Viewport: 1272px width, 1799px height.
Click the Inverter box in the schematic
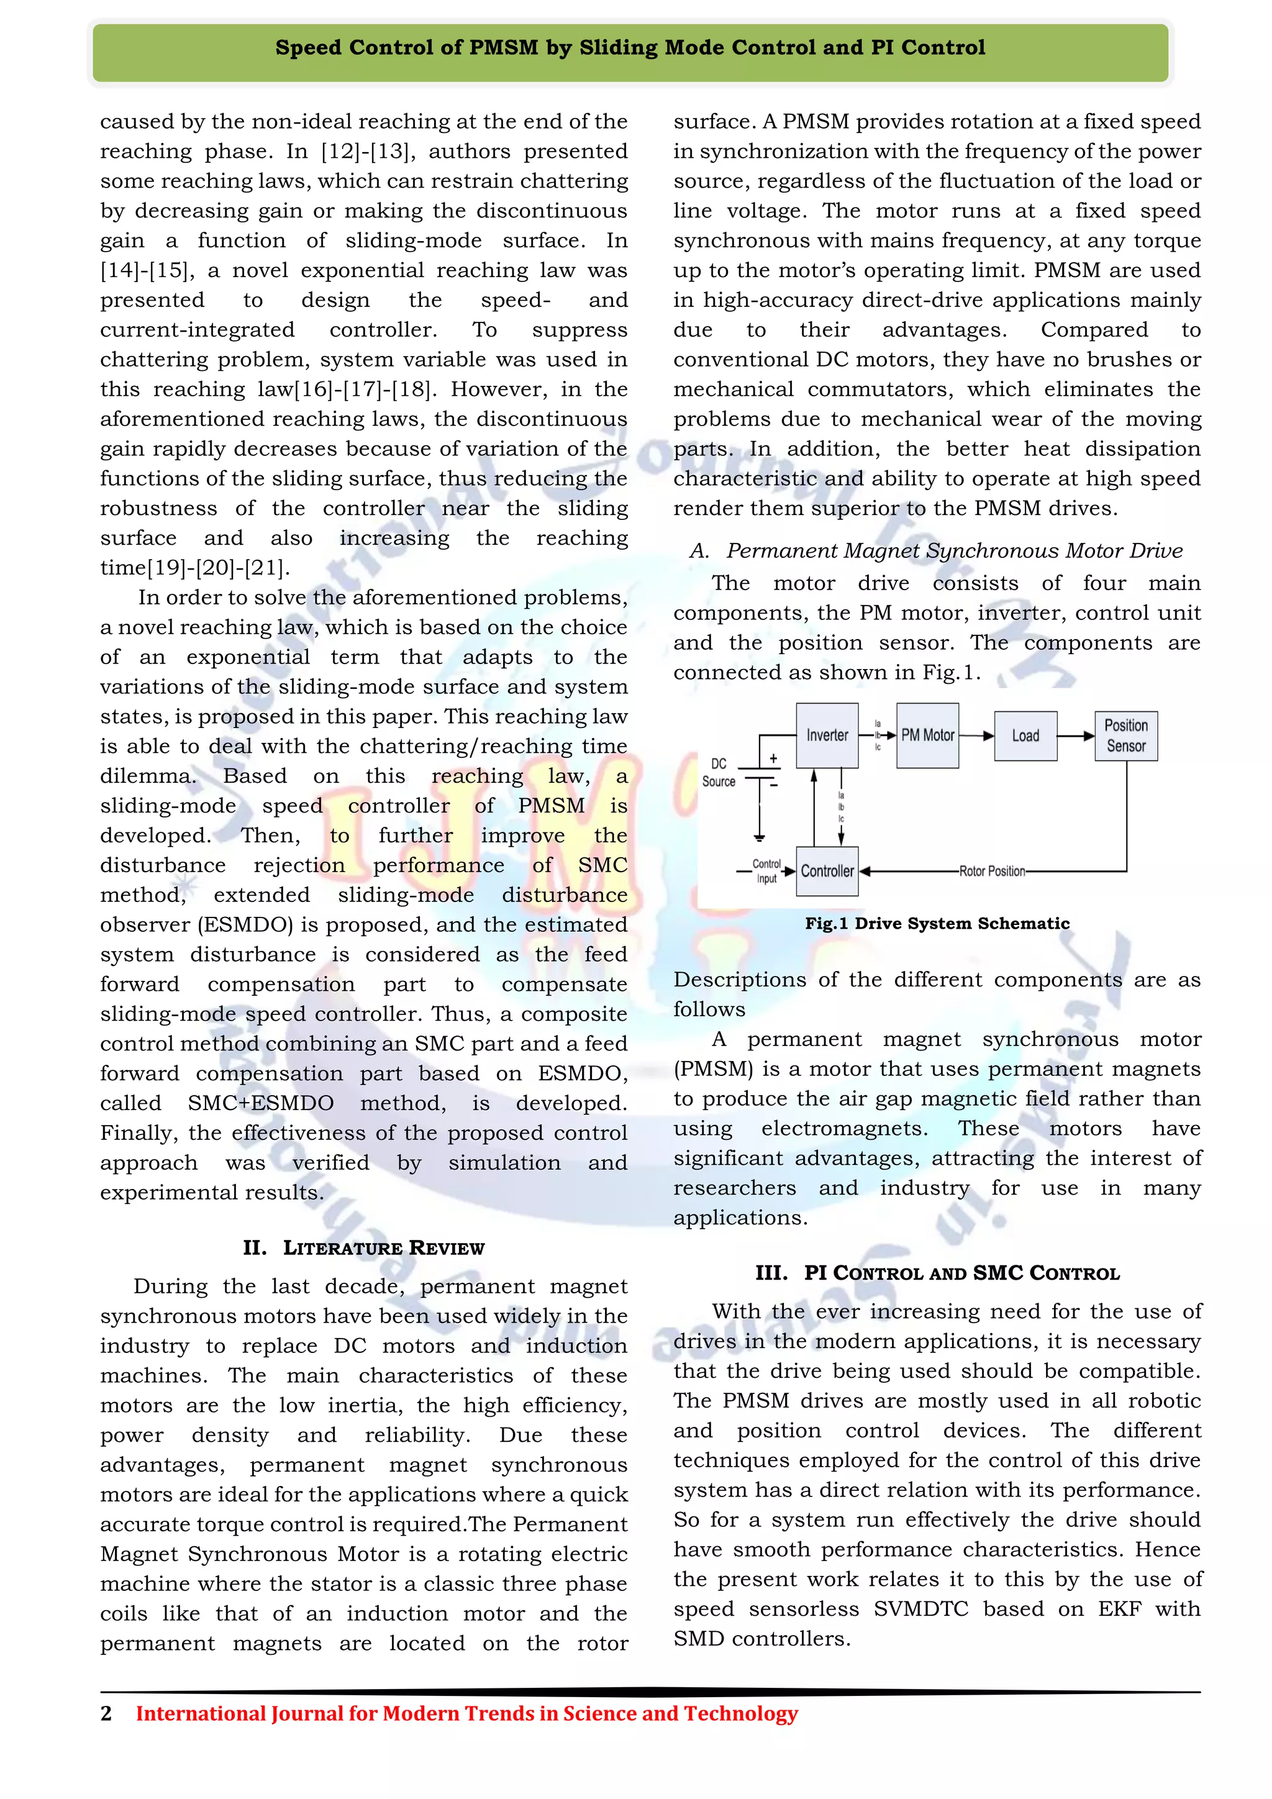(827, 735)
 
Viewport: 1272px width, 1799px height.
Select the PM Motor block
(927, 735)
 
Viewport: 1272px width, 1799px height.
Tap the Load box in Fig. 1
(1025, 736)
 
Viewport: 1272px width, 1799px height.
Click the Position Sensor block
(1125, 736)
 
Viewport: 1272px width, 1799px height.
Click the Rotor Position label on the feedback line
(992, 872)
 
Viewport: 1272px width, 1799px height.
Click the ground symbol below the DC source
(759, 837)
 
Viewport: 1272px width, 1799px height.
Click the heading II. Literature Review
(363, 1247)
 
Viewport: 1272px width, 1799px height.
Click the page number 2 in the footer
(107, 1714)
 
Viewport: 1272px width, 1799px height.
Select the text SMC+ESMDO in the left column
(261, 1103)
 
